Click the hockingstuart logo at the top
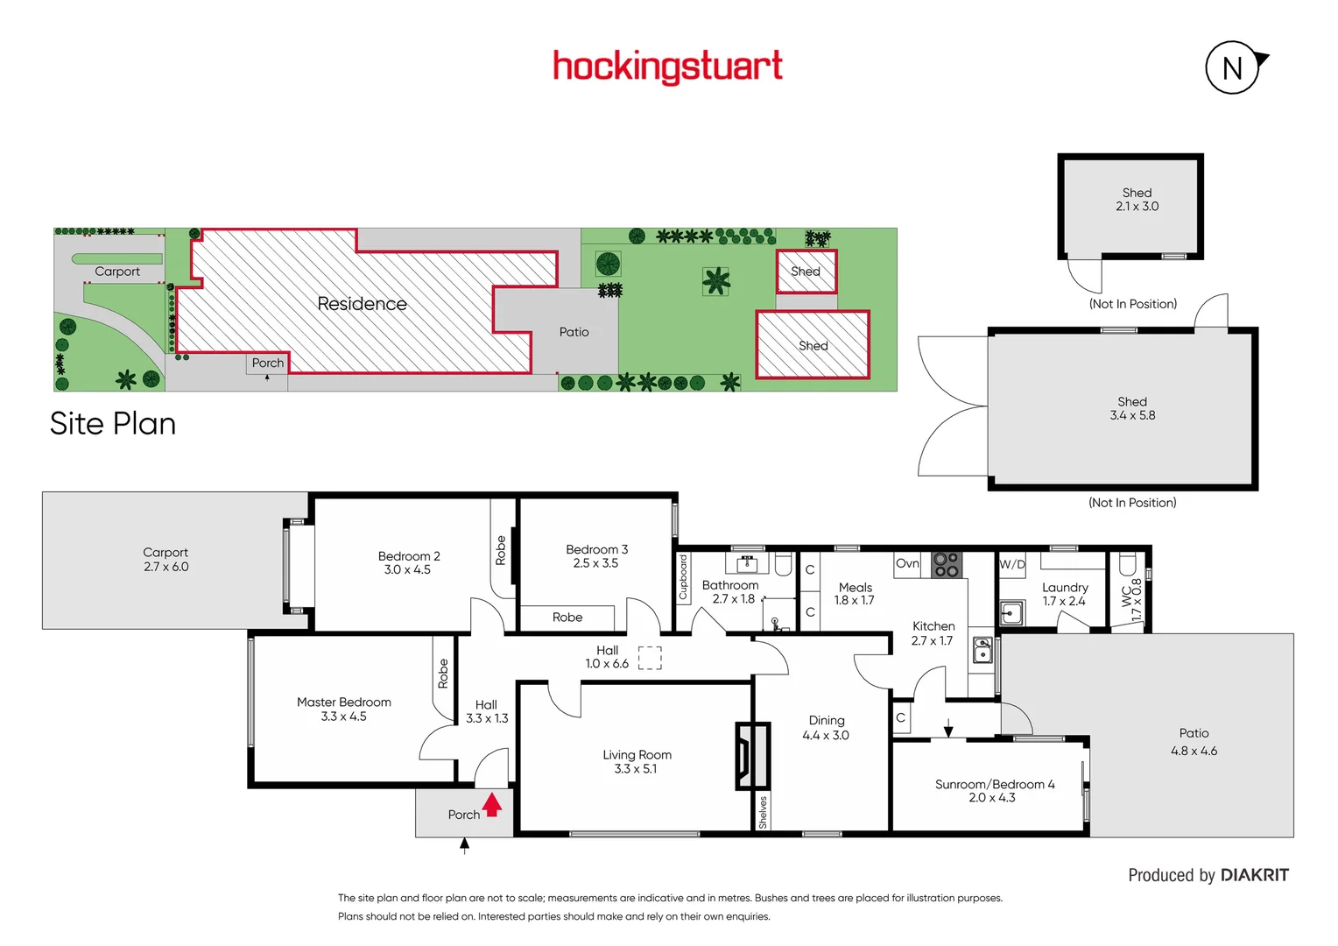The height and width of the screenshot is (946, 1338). (x=667, y=67)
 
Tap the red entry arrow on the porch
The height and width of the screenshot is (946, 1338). (x=492, y=804)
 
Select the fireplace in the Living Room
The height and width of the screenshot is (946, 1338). (x=751, y=755)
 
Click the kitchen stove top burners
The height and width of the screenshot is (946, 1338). (x=946, y=564)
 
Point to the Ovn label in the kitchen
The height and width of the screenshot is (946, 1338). (x=907, y=563)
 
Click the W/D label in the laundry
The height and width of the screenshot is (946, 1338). (x=1012, y=564)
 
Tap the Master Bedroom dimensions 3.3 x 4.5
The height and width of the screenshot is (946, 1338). (x=343, y=717)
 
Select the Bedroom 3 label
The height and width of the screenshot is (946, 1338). (x=596, y=549)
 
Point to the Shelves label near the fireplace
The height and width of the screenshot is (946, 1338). (x=763, y=812)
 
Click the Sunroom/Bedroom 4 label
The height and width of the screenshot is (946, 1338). (x=995, y=784)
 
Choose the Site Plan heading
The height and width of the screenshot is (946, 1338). (x=113, y=424)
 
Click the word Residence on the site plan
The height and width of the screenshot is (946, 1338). (x=362, y=304)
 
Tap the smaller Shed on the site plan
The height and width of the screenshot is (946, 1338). (x=806, y=272)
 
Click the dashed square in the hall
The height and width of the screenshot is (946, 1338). (x=650, y=658)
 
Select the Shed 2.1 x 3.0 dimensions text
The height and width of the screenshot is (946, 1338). (x=1137, y=207)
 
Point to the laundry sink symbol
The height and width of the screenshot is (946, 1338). (x=1011, y=612)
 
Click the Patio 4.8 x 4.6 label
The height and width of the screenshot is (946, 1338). (x=1194, y=742)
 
